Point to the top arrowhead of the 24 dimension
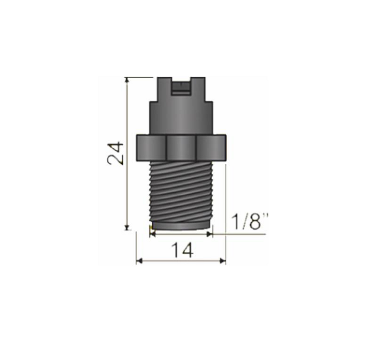click(x=127, y=80)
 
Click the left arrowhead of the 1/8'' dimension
click(x=152, y=234)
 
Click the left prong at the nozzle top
click(x=164, y=86)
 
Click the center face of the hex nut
click(x=181, y=148)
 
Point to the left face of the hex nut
click(x=152, y=148)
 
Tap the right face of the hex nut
click(x=211, y=148)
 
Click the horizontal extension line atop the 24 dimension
click(x=139, y=77)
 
